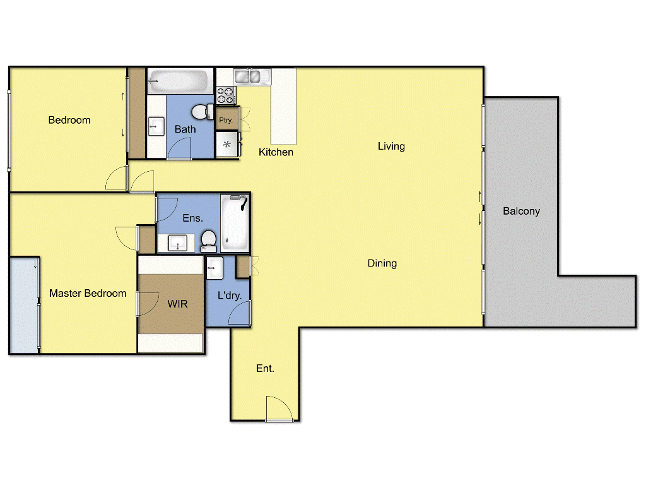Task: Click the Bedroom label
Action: [69, 120]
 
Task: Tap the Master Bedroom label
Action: [88, 293]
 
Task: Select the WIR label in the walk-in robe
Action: [177, 304]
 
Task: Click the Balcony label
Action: [521, 211]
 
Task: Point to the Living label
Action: [391, 146]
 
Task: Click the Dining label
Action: [382, 263]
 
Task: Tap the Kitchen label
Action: [276, 152]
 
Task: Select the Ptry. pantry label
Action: [225, 120]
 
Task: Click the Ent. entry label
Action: [265, 368]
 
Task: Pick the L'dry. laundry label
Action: [230, 295]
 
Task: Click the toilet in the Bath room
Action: [201, 112]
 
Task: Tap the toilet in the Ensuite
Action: [209, 239]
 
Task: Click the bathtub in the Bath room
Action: [179, 81]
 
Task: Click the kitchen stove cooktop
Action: [226, 95]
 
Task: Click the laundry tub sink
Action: [213, 267]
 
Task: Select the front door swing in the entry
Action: [278, 409]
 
